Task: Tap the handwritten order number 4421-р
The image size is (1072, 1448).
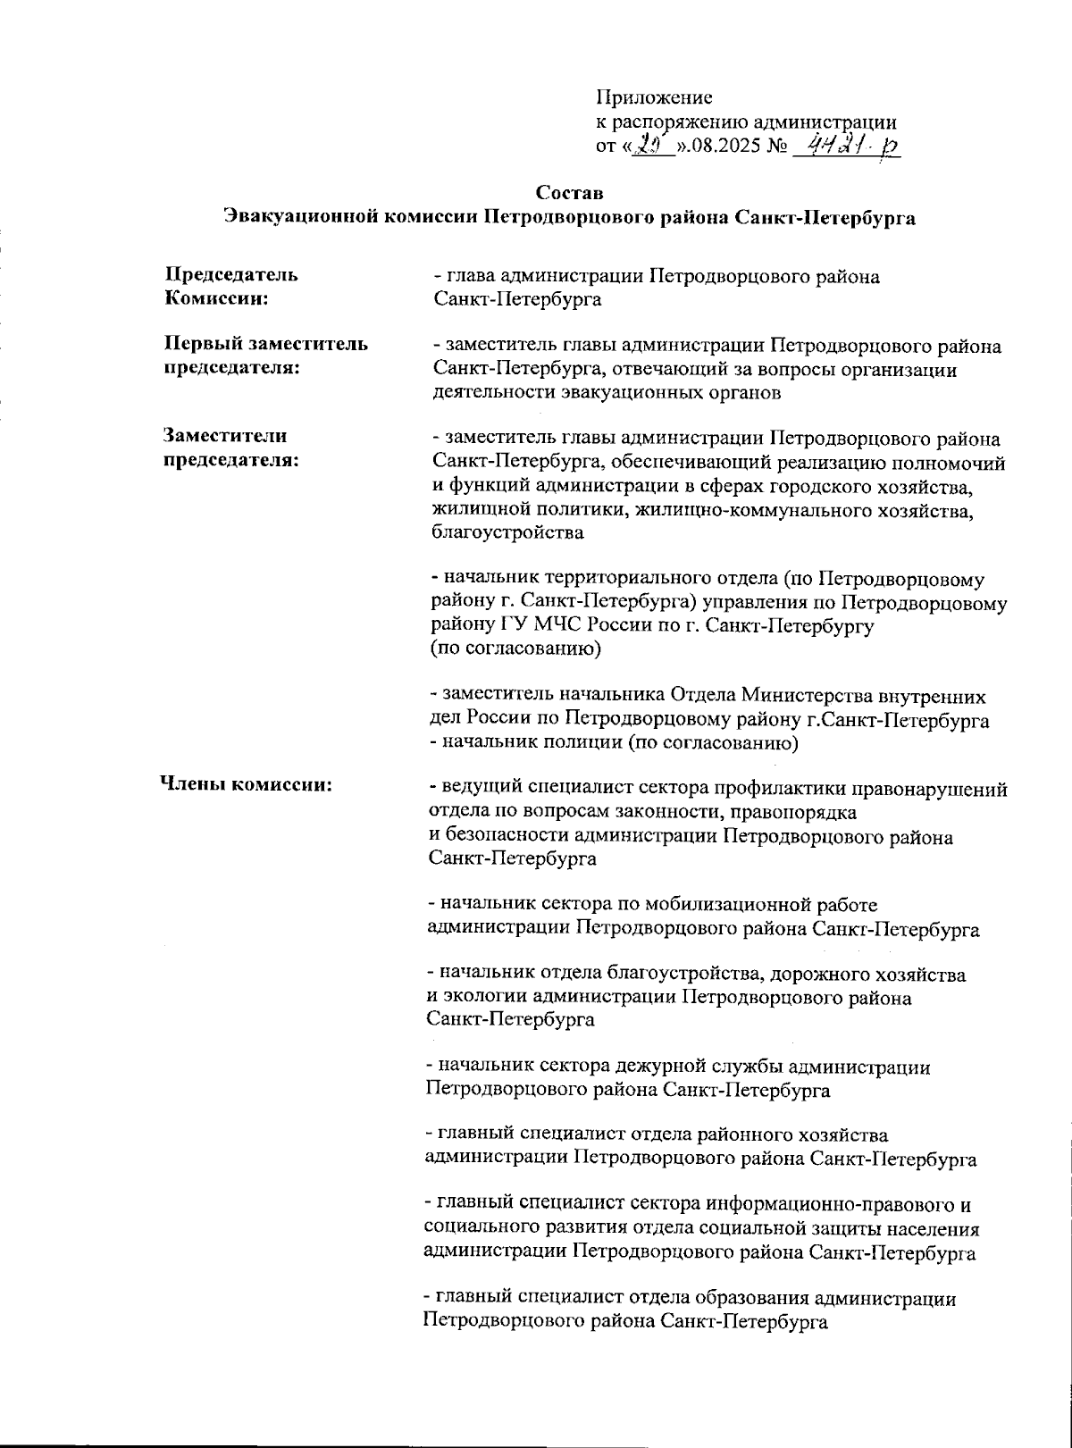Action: point(849,146)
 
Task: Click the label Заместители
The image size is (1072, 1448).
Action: point(224,437)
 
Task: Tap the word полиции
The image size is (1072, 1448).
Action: point(556,742)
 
